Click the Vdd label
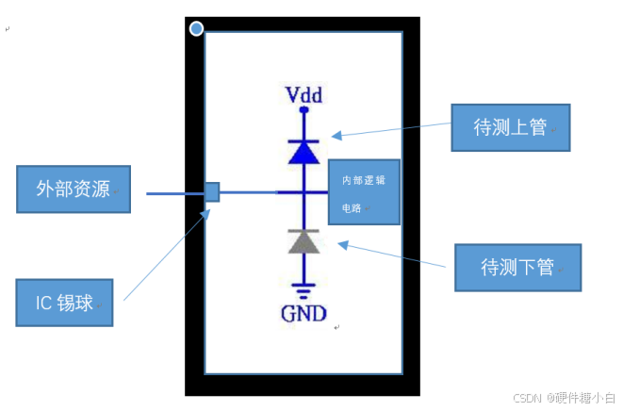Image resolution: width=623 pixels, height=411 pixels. [x=303, y=95]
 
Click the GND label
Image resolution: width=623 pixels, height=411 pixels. [x=303, y=313]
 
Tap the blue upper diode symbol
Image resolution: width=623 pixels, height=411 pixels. [x=303, y=152]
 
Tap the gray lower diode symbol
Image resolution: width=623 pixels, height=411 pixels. [x=303, y=243]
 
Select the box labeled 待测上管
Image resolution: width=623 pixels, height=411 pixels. [x=510, y=127]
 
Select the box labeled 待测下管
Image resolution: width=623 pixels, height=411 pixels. [x=516, y=267]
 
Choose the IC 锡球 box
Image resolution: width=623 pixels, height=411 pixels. [x=64, y=302]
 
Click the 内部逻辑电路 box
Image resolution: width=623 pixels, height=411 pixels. [x=364, y=192]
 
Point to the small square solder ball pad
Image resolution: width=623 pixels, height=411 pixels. [x=212, y=192]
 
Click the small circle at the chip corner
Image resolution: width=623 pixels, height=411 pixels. [x=196, y=29]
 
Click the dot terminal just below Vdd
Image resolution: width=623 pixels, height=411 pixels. [x=303, y=110]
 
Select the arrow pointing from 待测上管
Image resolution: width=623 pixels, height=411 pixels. [x=391, y=131]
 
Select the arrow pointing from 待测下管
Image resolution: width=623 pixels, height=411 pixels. [x=391, y=256]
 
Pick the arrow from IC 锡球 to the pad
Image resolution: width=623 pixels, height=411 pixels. [x=166, y=255]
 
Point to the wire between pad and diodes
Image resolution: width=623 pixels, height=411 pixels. [x=249, y=192]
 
